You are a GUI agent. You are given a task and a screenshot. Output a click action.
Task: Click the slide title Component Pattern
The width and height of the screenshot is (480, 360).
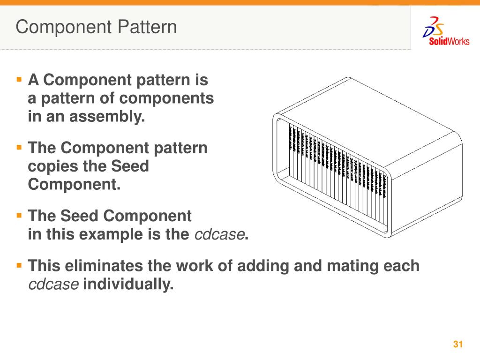point(96,27)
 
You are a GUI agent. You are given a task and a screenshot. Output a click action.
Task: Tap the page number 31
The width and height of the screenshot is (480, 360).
point(458,345)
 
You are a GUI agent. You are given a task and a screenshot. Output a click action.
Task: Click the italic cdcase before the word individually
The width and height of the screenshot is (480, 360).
point(53,284)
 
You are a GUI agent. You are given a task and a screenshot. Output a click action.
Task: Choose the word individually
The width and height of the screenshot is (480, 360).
point(128,284)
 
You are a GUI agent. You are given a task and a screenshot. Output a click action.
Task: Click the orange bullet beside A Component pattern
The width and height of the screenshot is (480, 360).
point(19,79)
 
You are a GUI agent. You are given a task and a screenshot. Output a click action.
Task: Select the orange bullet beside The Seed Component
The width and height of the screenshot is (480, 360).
point(19,216)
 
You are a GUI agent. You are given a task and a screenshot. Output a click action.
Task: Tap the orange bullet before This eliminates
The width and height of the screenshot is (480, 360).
point(19,265)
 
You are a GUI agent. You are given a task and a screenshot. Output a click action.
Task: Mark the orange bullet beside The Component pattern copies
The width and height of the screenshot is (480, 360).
point(19,147)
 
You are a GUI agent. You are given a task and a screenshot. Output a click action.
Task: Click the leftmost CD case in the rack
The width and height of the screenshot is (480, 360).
point(290,150)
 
